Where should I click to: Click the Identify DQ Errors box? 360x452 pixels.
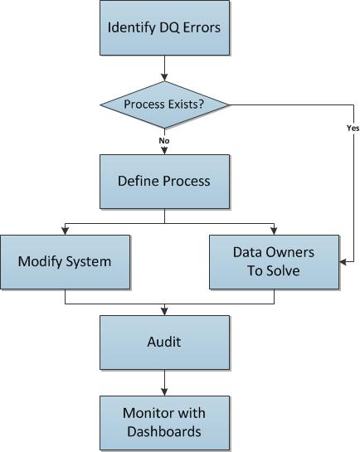point(164,27)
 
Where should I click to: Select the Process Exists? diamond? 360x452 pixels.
point(164,104)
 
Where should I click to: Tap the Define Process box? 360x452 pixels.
point(164,182)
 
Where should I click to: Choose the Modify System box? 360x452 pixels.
point(66,262)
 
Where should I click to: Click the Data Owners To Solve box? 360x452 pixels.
point(274,262)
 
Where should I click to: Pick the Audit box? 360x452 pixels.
point(164,343)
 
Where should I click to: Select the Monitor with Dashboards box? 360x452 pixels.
point(164,423)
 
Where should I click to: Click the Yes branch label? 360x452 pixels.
point(353,128)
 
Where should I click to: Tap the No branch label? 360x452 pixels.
point(164,141)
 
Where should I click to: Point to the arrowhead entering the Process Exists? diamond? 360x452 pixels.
point(164,77)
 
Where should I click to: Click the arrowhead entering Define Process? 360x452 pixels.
point(164,151)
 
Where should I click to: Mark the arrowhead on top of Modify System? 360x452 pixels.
point(66,231)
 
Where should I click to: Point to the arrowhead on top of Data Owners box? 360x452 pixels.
point(274,231)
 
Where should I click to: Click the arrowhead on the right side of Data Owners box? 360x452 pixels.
point(343,262)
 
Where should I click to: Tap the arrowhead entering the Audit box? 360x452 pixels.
point(164,312)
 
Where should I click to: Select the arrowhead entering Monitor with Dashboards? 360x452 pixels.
point(164,392)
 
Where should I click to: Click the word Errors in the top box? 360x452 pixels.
point(202,27)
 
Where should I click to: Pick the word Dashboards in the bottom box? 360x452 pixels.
point(164,431)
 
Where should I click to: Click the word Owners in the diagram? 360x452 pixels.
point(290,252)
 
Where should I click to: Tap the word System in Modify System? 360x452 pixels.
point(89,262)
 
